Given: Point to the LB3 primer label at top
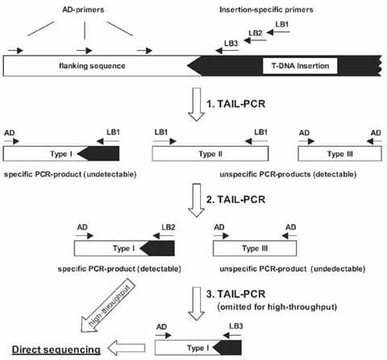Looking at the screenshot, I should [230, 42].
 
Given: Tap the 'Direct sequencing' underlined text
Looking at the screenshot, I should [55, 349].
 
